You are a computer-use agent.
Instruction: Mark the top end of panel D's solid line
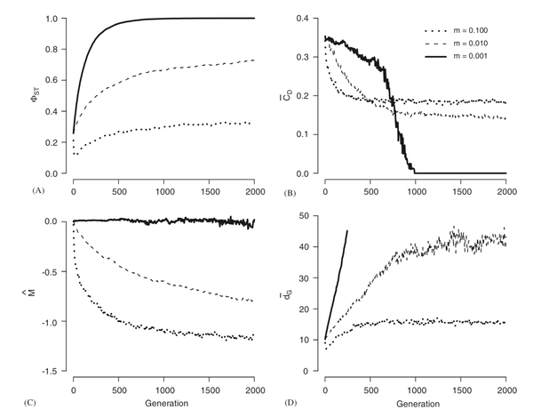click(348, 231)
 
